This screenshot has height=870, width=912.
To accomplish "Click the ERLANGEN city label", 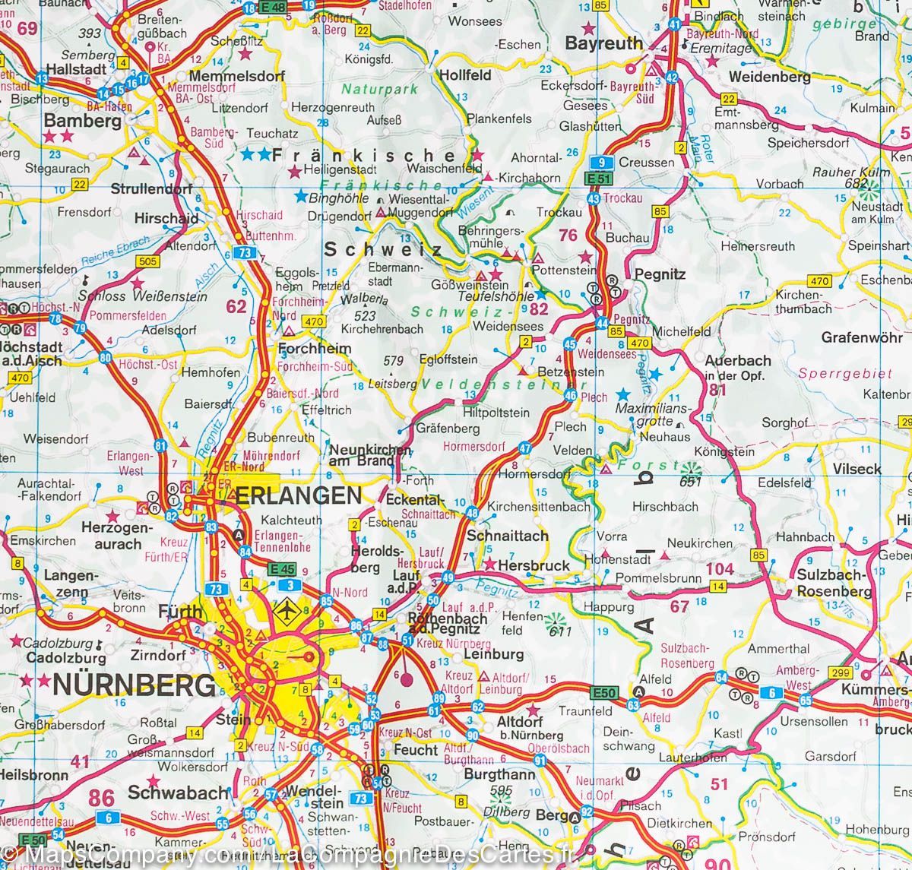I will click(298, 496).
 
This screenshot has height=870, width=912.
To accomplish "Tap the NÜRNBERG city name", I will click(133, 685).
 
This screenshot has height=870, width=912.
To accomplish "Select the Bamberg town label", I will click(83, 120).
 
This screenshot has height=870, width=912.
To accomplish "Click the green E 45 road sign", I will click(282, 567).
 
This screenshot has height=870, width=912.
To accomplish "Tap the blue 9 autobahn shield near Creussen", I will click(602, 163).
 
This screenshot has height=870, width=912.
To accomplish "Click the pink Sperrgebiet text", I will click(834, 374).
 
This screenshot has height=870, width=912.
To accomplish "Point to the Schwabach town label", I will click(178, 792).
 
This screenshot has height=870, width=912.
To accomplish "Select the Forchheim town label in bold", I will click(315, 349).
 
